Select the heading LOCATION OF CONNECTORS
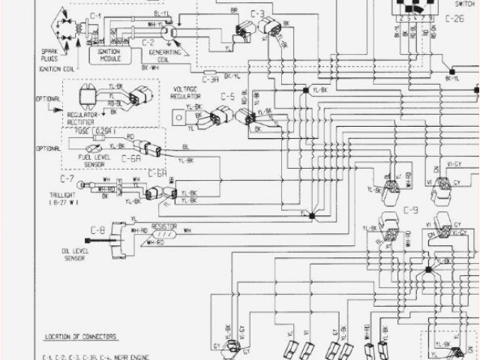pos(84,337)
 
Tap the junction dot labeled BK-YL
pos(448,70)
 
